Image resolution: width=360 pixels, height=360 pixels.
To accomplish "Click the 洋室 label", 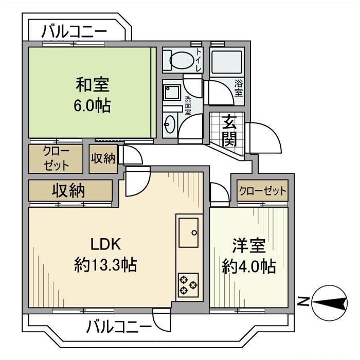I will tap(248, 245).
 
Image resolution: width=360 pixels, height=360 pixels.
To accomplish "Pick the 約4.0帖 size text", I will tap(248, 266).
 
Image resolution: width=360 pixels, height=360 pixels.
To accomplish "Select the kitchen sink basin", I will tap(188, 231).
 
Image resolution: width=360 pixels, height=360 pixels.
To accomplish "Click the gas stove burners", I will tap(188, 285).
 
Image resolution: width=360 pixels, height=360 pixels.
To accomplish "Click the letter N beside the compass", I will tap(303, 303).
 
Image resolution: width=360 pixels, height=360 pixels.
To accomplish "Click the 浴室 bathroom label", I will tap(239, 88).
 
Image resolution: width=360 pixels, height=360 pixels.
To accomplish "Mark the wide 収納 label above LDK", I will tap(69, 191).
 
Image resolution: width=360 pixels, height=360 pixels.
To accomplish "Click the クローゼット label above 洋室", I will tap(262, 191).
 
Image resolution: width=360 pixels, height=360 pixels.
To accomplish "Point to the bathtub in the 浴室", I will tap(226, 63).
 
